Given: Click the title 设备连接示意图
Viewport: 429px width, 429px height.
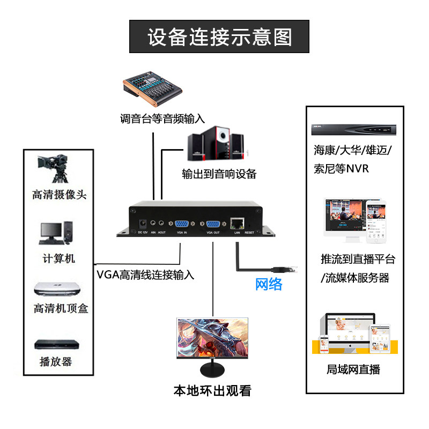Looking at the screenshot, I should pos(219,37).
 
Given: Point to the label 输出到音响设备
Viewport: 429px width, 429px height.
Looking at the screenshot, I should pos(219,174).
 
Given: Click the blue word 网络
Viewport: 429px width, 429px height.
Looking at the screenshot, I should pos(269,284).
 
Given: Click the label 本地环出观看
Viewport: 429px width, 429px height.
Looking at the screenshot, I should pos(212,390).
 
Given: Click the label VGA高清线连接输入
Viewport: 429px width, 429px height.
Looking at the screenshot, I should pos(145,275).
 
